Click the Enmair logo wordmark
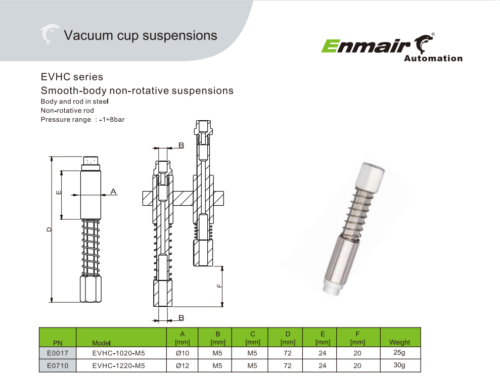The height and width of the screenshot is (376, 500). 366,46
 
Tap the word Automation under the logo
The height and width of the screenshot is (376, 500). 433,58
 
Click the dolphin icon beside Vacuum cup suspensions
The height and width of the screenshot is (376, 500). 49,34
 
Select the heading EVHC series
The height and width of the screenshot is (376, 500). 72,77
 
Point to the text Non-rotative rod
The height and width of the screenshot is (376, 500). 67,111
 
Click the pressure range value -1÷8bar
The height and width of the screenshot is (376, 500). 112,119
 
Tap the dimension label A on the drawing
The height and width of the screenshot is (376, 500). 113,191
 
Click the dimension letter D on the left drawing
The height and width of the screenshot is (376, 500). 49,229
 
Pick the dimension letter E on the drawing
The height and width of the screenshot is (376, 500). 58,193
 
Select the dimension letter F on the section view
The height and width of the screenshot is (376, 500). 219,286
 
